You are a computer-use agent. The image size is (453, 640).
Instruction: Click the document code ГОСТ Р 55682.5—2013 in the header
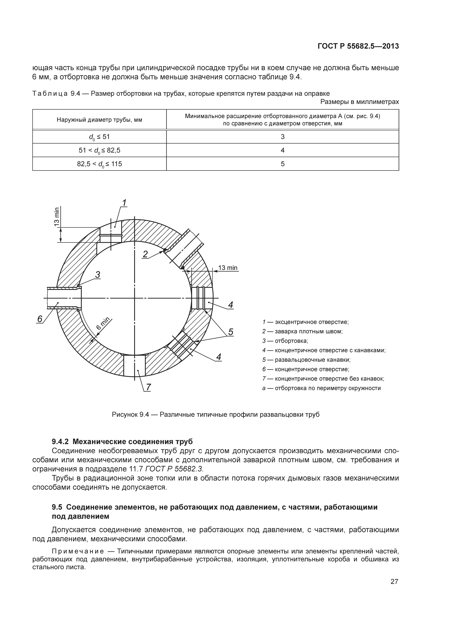(358, 46)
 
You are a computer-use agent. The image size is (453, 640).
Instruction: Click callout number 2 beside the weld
(145, 254)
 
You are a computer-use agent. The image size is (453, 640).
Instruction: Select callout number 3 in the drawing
(97, 275)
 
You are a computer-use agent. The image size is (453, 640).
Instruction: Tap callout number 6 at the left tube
(40, 319)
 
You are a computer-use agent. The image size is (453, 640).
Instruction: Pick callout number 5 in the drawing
(230, 332)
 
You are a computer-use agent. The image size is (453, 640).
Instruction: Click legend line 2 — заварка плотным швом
(302, 331)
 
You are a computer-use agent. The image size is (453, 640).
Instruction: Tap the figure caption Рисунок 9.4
(215, 414)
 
